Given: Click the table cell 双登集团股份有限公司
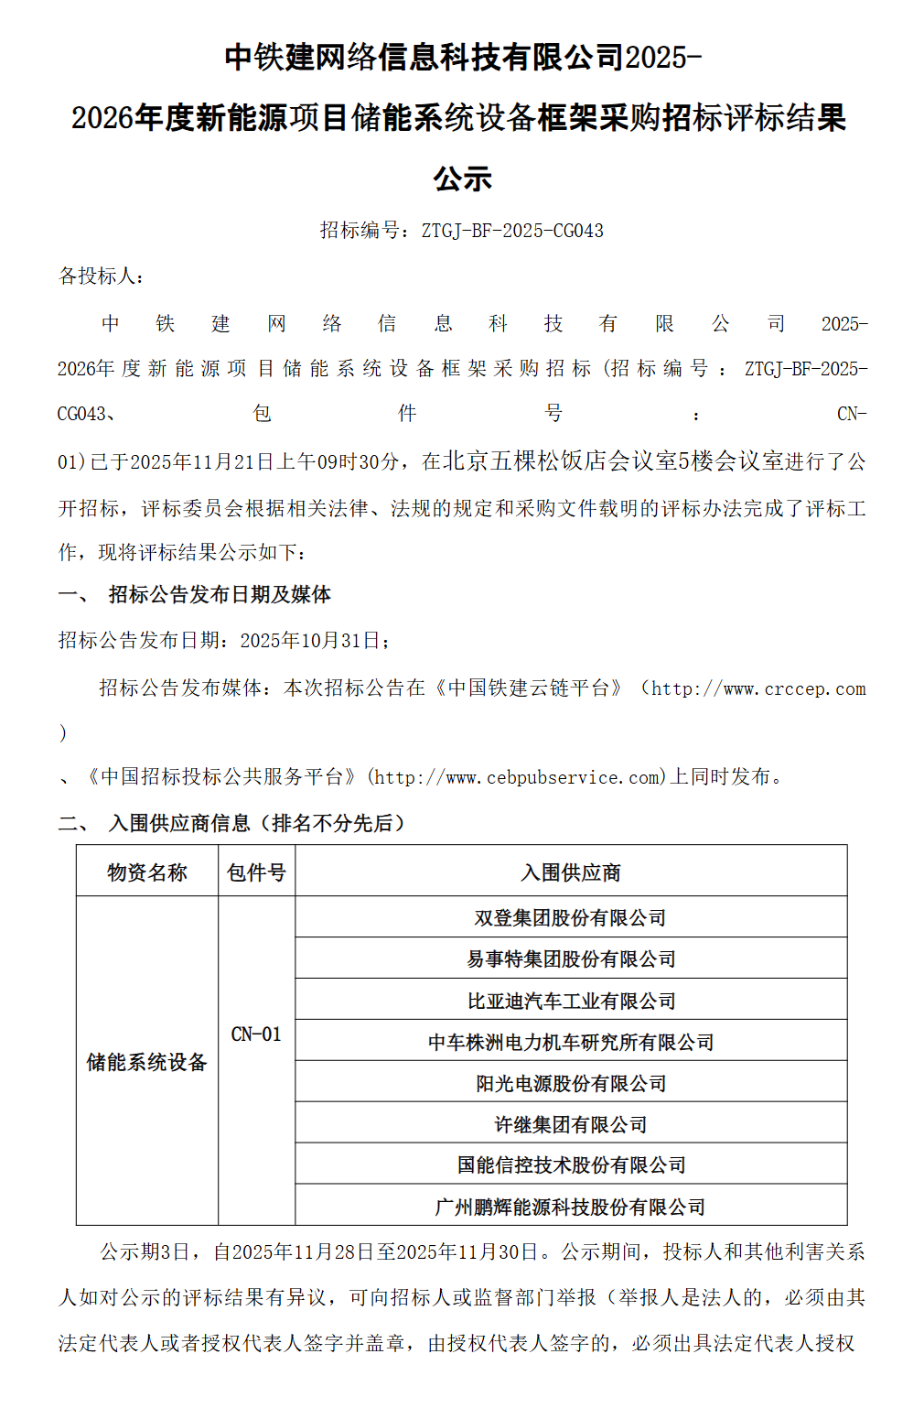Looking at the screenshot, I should (x=570, y=917).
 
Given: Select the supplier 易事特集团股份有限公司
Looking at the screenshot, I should (x=570, y=959).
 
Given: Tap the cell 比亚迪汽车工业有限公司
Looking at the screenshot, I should (x=570, y=1001).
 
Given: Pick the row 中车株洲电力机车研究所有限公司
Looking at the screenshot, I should (x=570, y=1042).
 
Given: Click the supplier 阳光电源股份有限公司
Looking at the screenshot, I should (x=570, y=1083).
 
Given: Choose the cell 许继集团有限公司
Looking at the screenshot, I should (x=570, y=1124).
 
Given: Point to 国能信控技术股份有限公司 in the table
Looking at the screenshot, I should (x=570, y=1164).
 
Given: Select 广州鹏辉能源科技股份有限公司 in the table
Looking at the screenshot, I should (x=570, y=1207).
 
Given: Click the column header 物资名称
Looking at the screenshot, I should (x=146, y=872).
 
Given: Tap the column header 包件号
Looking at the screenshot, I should (x=256, y=872).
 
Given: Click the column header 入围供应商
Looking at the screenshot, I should (x=570, y=872).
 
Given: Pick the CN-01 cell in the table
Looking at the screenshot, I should (x=256, y=1034).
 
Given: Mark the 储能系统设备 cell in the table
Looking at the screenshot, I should (x=146, y=1062).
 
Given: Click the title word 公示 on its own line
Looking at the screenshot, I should (x=462, y=178).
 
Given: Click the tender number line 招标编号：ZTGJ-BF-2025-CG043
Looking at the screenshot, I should (x=461, y=231).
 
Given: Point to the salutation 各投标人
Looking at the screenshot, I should (x=101, y=276).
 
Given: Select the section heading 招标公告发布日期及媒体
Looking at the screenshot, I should (x=220, y=595).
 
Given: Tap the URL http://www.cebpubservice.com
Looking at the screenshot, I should (x=517, y=778).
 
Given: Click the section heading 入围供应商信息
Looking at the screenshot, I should (x=179, y=823).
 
